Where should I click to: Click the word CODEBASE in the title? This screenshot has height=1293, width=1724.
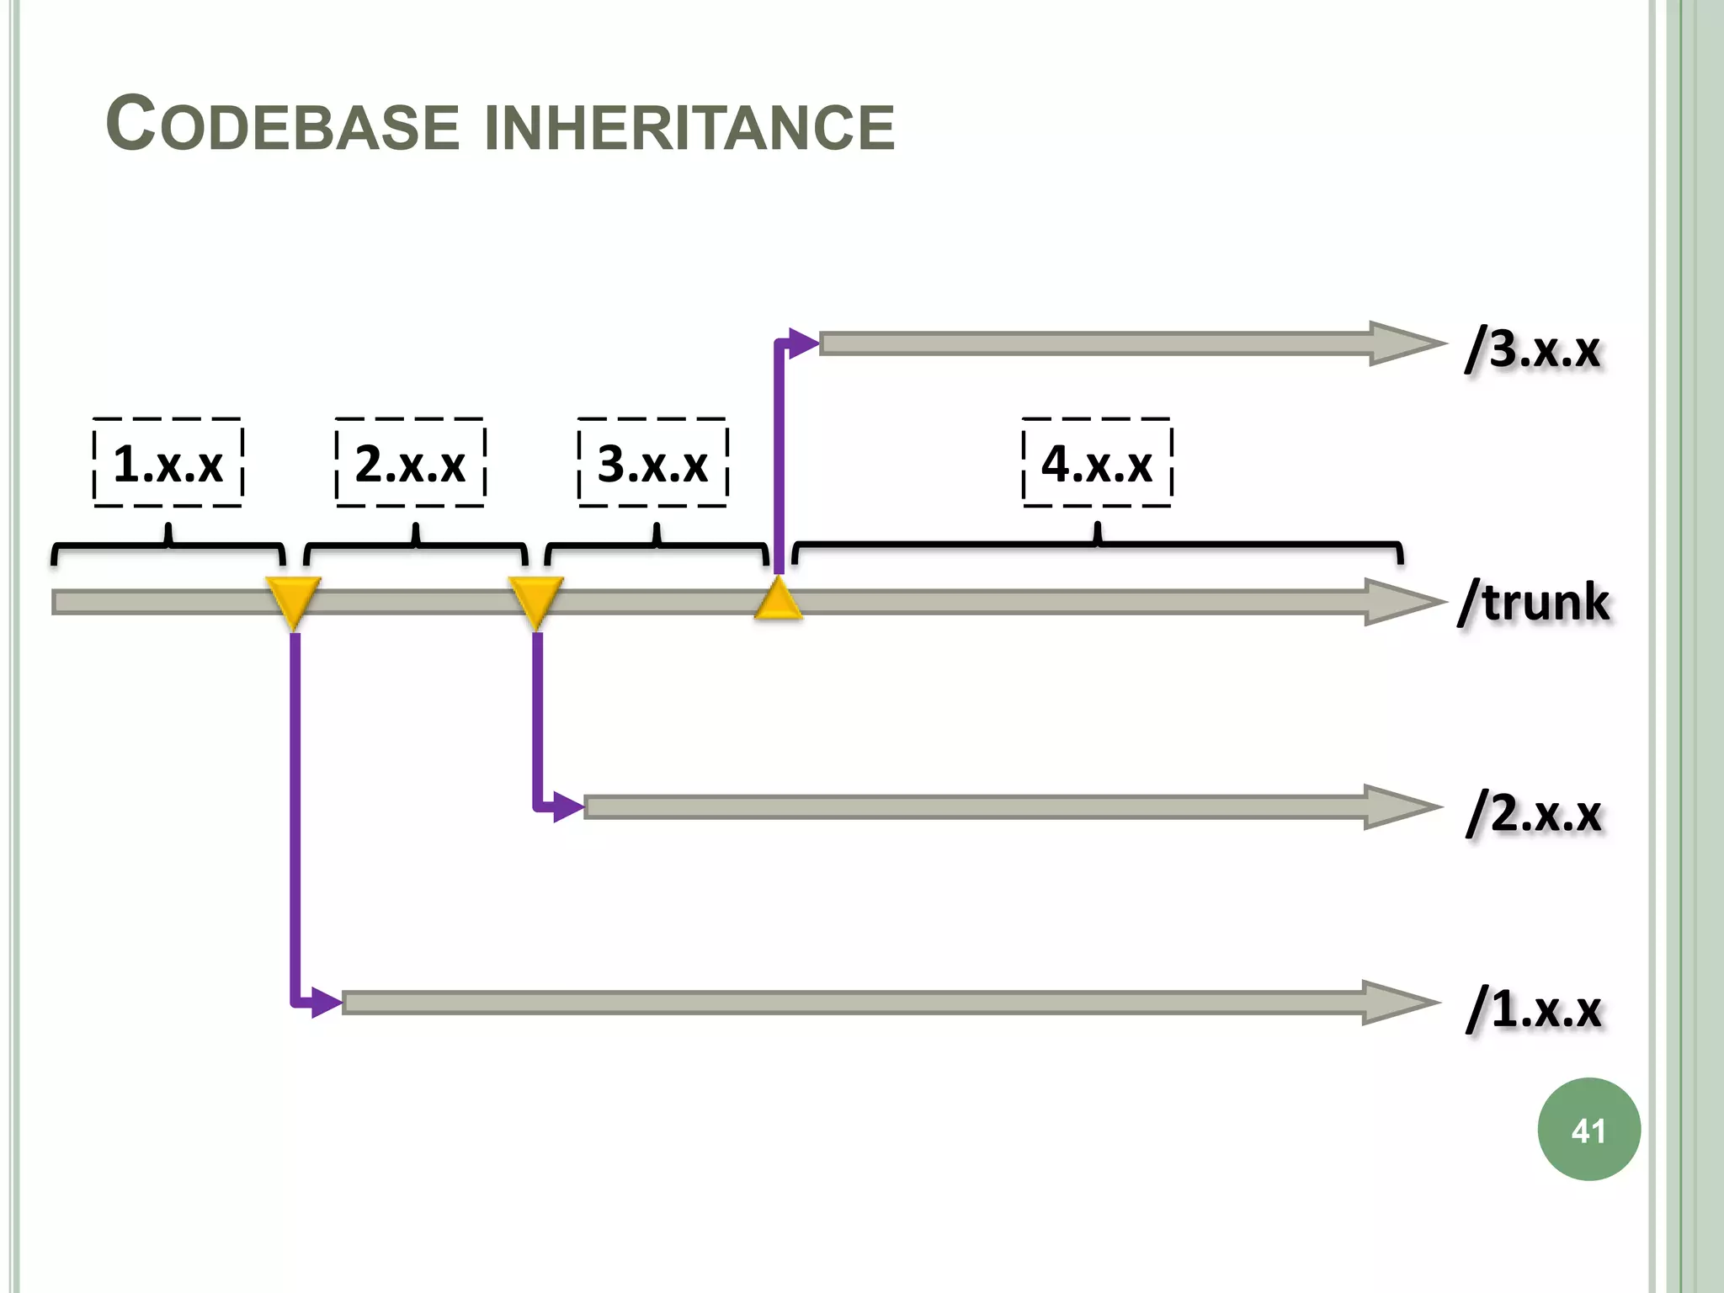[x=282, y=125]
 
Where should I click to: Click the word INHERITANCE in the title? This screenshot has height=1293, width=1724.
[x=690, y=127]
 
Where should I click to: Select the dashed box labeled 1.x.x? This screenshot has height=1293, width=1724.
[x=168, y=463]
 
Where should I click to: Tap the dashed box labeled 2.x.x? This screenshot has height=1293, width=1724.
[x=410, y=463]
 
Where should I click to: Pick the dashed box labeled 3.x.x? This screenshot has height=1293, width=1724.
[x=652, y=463]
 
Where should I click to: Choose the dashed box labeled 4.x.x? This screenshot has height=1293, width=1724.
[x=1097, y=463]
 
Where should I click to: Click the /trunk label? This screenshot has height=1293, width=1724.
[x=1534, y=602]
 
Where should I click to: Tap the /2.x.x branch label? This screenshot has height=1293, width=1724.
[x=1534, y=813]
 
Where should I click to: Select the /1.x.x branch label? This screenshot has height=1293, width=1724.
[x=1534, y=1008]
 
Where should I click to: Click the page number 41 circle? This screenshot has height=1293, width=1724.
[x=1588, y=1130]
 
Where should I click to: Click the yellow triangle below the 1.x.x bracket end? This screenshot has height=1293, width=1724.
[x=293, y=599]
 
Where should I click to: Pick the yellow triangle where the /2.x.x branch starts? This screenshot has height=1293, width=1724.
[x=535, y=599]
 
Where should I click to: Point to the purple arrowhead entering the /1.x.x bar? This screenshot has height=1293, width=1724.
[x=325, y=1003]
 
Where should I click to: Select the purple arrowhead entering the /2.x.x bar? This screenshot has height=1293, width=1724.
[x=567, y=807]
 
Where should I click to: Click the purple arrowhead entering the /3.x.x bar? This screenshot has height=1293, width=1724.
[x=803, y=343]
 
